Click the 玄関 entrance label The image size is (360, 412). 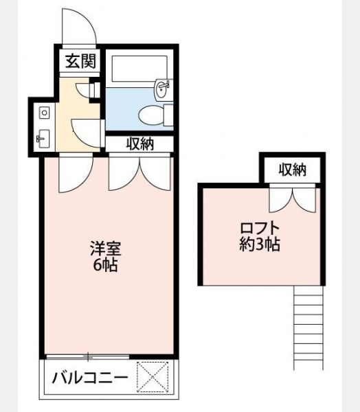80,61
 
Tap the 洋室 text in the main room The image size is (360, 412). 105,249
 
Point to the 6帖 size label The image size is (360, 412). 105,266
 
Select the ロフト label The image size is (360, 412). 259,228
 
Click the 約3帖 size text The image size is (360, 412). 259,244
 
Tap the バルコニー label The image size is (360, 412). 90,378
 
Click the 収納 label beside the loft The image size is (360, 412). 293,170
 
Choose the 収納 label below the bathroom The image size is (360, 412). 140,144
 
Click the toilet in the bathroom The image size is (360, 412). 156,115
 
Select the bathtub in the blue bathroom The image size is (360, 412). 139,69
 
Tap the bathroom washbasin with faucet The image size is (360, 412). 163,89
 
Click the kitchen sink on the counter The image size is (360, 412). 43,139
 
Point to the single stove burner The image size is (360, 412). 45,113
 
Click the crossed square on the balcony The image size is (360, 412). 153,377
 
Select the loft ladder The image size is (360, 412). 308,328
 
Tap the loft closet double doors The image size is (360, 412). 292,198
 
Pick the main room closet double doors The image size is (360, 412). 139,174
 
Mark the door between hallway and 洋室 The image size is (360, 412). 76,173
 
